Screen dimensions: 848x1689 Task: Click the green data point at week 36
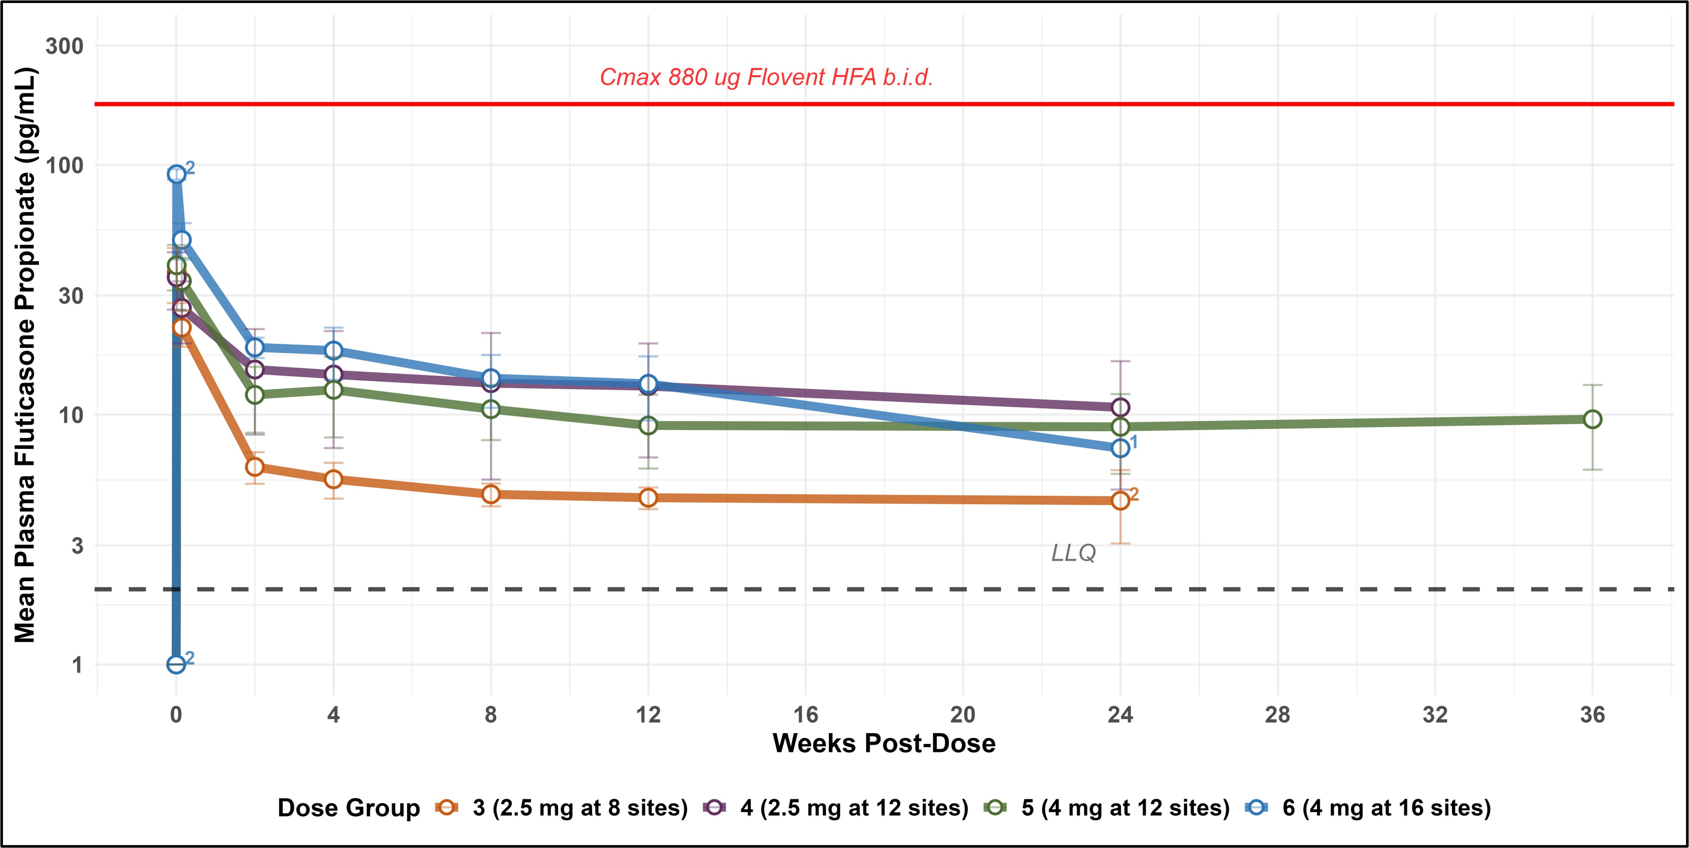pyautogui.click(x=1592, y=419)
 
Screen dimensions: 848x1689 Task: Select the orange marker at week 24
pyautogui.click(x=1121, y=500)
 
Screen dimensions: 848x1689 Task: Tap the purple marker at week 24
pyautogui.click(x=1121, y=407)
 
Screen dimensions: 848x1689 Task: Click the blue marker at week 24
pyautogui.click(x=1121, y=448)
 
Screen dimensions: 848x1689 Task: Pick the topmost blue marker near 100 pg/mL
pyautogui.click(x=176, y=174)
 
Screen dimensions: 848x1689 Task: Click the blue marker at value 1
pyautogui.click(x=176, y=664)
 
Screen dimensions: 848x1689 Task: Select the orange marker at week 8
pyautogui.click(x=491, y=494)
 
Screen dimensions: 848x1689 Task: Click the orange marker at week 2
pyautogui.click(x=255, y=467)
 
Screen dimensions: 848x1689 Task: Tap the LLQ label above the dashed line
pyautogui.click(x=1073, y=553)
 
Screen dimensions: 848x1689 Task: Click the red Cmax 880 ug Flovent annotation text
pyautogui.click(x=766, y=77)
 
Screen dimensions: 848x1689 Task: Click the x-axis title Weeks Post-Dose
pyautogui.click(x=884, y=743)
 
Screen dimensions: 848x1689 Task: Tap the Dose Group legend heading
pyautogui.click(x=348, y=807)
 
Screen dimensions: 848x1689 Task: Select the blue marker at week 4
pyautogui.click(x=333, y=350)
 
